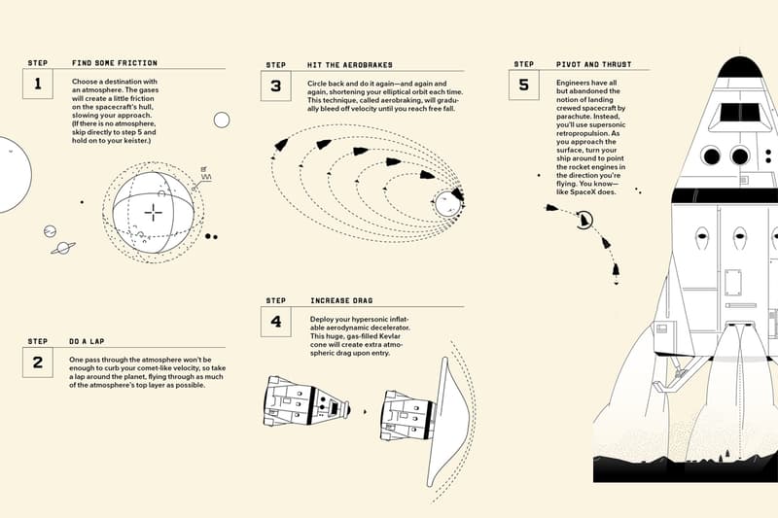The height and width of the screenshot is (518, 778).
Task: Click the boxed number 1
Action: pos(38,84)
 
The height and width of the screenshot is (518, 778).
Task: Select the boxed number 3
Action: pos(276,86)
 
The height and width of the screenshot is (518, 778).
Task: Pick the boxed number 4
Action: pos(276,321)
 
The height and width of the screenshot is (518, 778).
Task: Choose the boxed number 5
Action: pos(524,85)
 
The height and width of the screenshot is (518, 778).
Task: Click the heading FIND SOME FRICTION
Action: pos(115,63)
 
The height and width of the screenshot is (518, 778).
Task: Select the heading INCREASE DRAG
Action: pos(341,301)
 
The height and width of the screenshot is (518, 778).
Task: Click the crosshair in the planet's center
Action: pos(154,213)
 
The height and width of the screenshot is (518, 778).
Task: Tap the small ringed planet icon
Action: pos(64,248)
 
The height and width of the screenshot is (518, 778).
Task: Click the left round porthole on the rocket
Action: pos(711,155)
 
